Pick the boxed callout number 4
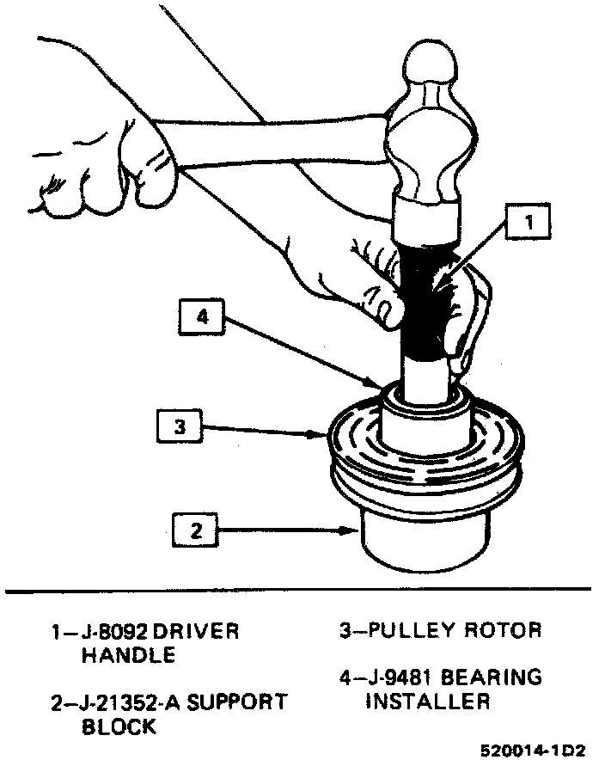click(203, 317)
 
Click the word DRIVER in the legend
click(199, 632)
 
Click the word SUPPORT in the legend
click(237, 702)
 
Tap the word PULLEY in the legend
click(407, 630)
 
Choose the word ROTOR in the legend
click(503, 630)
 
